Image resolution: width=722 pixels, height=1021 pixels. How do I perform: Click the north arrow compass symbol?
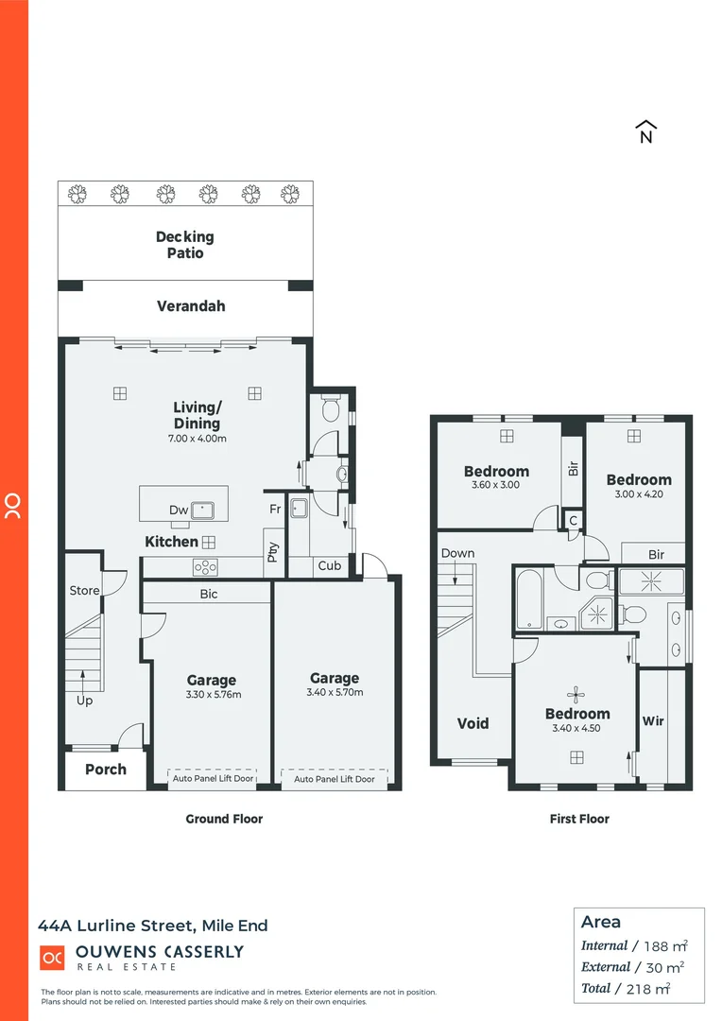coord(646,132)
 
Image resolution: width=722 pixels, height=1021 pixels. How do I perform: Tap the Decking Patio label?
coord(185,245)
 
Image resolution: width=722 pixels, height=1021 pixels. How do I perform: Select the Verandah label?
coord(191,306)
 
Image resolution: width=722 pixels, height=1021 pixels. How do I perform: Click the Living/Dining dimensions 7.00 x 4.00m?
coord(198,439)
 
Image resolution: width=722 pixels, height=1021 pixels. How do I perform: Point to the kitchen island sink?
coord(203,510)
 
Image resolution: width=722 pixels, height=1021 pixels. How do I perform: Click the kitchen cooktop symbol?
coord(205,567)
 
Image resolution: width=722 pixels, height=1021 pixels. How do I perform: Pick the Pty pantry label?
coord(273,550)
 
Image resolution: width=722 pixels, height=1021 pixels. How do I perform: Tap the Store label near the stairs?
coord(84,591)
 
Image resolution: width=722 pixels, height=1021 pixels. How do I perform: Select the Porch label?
coord(106,770)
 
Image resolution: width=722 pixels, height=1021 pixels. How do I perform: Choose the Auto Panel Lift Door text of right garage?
coord(335,779)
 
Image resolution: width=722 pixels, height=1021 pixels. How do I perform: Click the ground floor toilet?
coord(330,408)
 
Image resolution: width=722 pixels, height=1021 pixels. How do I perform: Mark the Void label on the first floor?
coord(473,723)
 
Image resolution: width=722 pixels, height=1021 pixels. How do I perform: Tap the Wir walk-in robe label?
coord(653,721)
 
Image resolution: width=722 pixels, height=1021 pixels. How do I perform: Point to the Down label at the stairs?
coord(457,554)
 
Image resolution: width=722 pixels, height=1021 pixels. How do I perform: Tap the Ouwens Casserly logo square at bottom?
coord(51,958)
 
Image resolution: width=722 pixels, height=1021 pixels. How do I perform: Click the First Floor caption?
coord(579,819)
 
